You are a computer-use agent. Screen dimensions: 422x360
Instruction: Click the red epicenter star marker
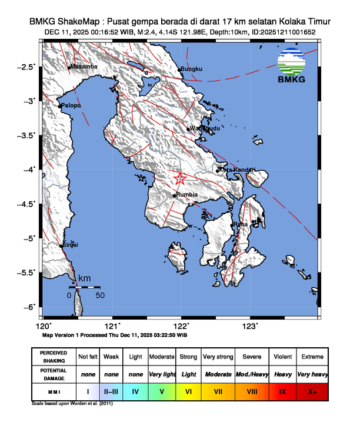click(180, 179)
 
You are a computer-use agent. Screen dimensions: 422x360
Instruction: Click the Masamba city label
click(84, 67)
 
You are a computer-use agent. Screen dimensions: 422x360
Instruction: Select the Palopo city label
click(71, 105)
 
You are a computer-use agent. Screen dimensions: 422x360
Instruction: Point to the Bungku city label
click(191, 69)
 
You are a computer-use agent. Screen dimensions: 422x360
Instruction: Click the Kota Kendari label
click(237, 170)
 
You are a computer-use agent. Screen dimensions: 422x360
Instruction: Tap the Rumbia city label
click(186, 195)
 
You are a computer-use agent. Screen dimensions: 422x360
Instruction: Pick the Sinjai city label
click(71, 244)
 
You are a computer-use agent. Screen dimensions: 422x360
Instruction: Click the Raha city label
click(241, 224)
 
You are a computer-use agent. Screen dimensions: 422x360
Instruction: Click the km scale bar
click(85, 287)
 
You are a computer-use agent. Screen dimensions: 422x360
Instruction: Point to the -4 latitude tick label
click(31, 170)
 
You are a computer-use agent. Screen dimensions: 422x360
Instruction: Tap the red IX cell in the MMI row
click(282, 390)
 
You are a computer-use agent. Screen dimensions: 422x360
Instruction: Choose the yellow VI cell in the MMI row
click(189, 390)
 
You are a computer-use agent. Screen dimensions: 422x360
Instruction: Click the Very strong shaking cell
click(218, 357)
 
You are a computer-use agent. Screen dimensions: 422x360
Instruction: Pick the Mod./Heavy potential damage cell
click(252, 374)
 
